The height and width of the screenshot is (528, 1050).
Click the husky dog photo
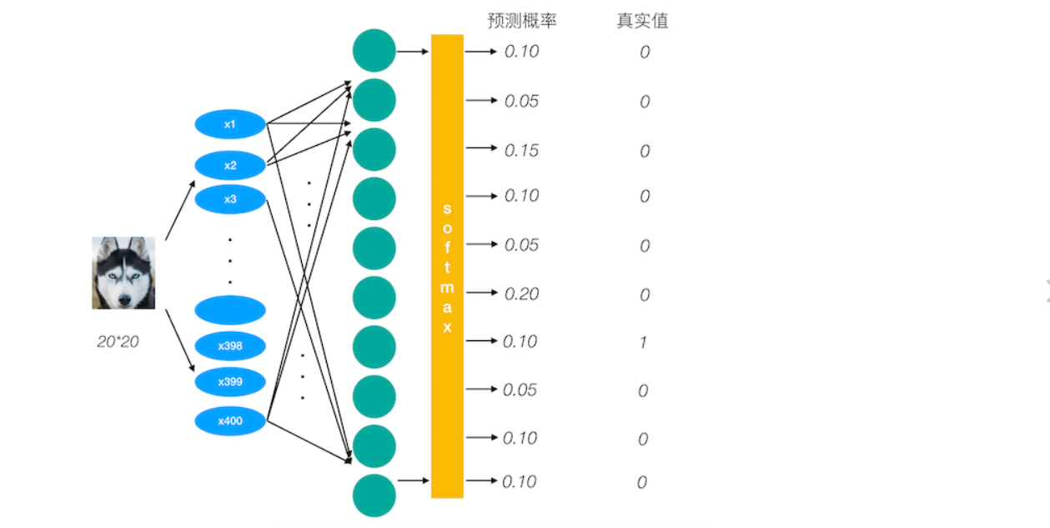(x=123, y=273)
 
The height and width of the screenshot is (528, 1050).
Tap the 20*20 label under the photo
(x=118, y=341)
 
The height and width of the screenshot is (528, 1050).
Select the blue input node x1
(x=230, y=124)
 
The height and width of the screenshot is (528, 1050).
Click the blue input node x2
(x=230, y=165)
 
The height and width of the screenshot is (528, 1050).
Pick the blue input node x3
(x=230, y=199)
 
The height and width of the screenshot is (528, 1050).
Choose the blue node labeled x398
(x=230, y=345)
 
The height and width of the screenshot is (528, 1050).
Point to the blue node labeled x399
(x=230, y=381)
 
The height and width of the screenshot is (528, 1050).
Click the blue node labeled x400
(x=230, y=421)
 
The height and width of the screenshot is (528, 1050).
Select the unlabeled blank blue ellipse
(x=230, y=309)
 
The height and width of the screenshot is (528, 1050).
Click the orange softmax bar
(x=447, y=266)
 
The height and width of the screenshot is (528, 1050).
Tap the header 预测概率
(x=521, y=21)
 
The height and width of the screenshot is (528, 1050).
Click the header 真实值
(x=642, y=21)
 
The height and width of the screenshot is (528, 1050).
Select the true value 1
(x=643, y=342)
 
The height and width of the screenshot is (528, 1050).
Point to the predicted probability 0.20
(x=522, y=294)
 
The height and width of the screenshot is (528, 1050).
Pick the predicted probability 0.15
(x=522, y=150)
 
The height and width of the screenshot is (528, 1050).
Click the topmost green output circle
(x=374, y=50)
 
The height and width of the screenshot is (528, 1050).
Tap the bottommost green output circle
(x=374, y=495)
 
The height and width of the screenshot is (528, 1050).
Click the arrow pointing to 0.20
(x=481, y=293)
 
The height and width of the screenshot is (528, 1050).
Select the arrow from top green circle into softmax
(x=412, y=52)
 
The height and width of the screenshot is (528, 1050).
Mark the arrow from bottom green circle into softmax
(x=412, y=480)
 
